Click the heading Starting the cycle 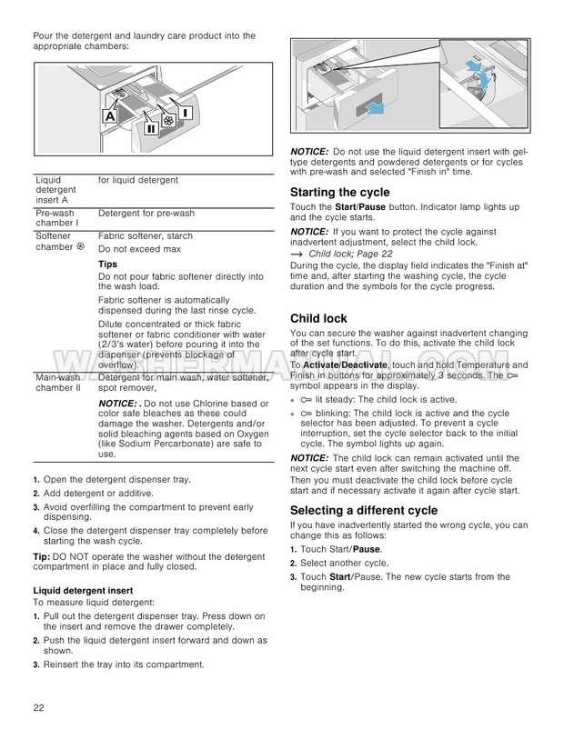[339, 193]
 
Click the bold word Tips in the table [107, 264]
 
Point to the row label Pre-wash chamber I [55, 218]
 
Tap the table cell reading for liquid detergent [137, 181]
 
